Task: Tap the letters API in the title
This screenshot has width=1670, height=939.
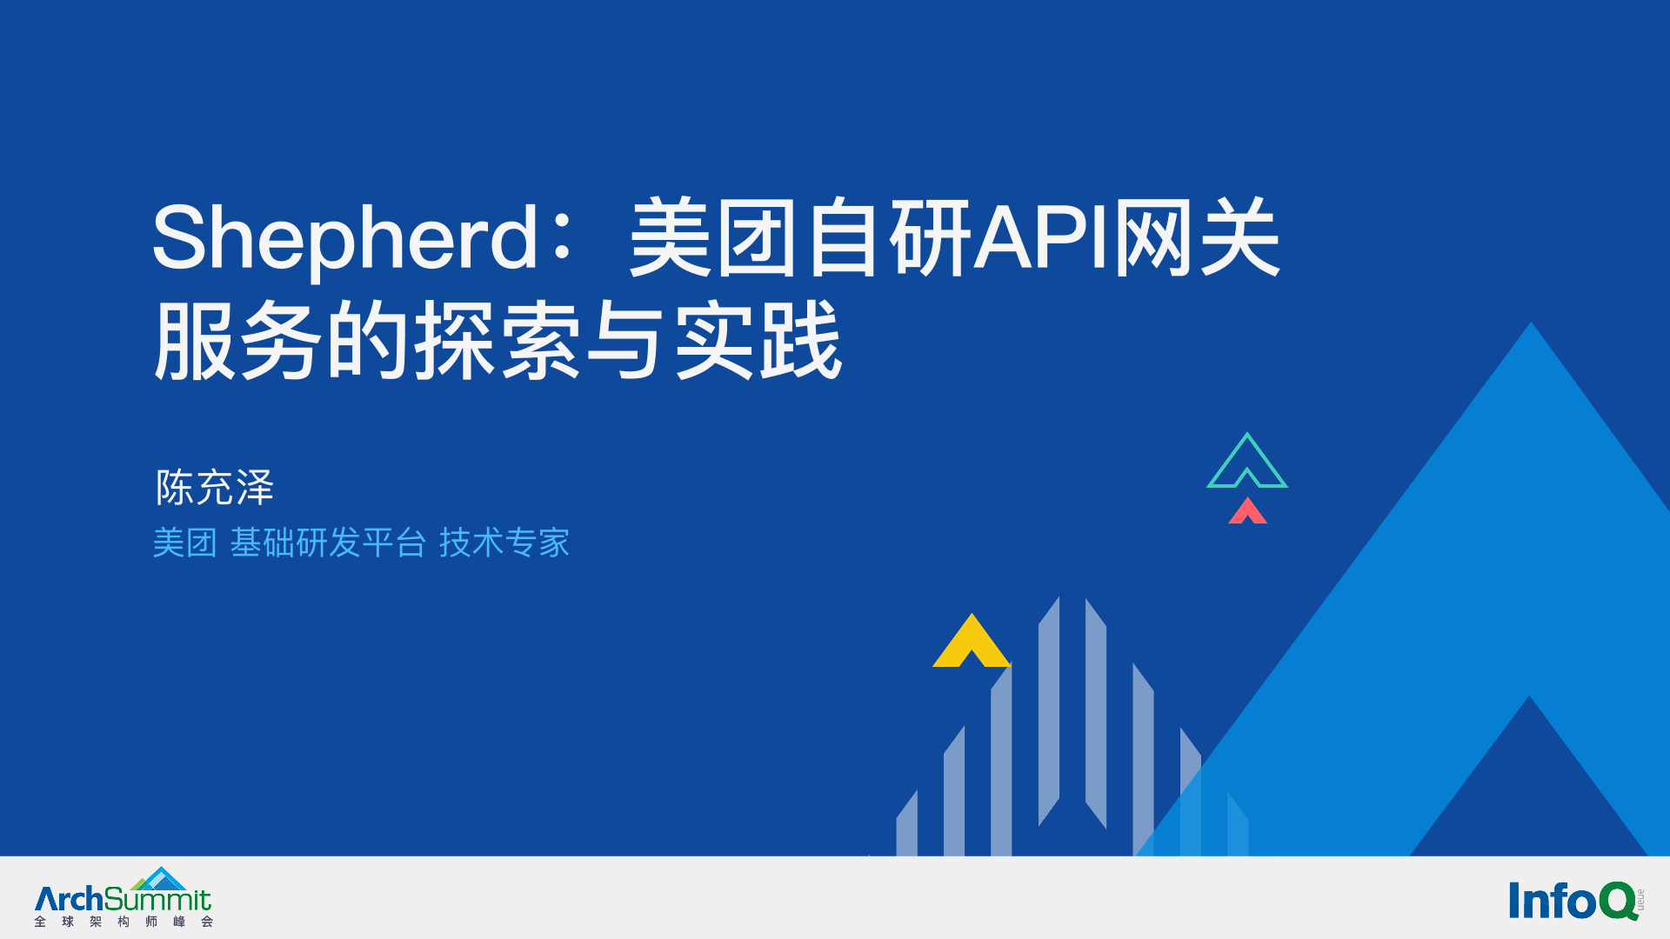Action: point(1042,237)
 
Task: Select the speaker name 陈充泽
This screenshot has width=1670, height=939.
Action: point(215,487)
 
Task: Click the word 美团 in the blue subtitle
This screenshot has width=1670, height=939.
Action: point(184,543)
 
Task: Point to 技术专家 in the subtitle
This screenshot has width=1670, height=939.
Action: point(504,543)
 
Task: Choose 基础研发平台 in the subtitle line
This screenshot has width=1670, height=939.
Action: point(328,543)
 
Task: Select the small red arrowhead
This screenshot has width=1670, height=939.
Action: point(1247,510)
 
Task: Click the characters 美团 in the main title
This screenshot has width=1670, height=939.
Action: point(713,237)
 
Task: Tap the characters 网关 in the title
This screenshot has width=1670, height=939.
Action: point(1197,237)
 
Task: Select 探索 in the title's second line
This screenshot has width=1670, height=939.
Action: point(498,340)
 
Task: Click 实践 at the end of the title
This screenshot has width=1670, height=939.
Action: point(758,340)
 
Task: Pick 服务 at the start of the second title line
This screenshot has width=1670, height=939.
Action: point(238,340)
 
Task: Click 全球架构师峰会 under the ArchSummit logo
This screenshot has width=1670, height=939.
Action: point(124,922)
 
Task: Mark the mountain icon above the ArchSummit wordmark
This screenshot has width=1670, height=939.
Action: point(159,878)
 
